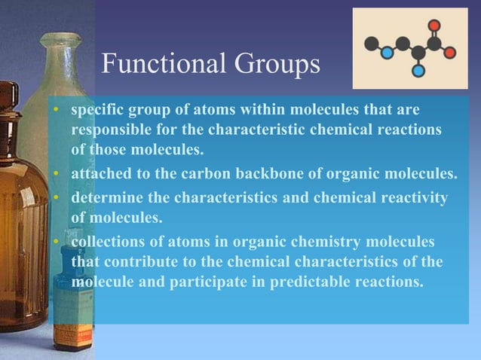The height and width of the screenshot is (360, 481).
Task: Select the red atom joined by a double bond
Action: coord(434,25)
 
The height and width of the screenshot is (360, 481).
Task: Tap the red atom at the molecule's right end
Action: coord(449,52)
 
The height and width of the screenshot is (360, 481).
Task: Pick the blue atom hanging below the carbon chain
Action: coord(418,71)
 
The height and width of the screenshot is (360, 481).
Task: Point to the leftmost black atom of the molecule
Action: coord(371,43)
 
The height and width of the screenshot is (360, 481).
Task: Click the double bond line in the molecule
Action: coord(434,34)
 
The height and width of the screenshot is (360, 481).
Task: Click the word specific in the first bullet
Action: coord(95,111)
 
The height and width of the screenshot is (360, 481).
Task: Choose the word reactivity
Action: coord(406,198)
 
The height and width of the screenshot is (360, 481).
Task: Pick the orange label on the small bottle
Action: coord(73,335)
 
